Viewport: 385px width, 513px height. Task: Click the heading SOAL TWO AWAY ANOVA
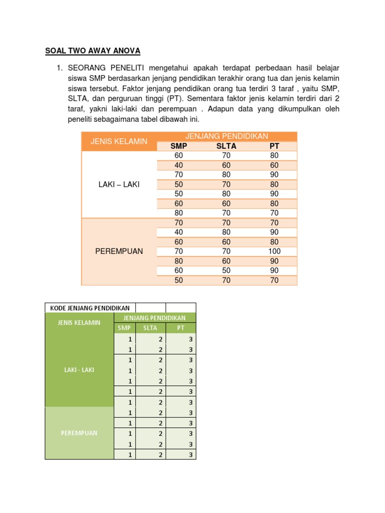(x=93, y=51)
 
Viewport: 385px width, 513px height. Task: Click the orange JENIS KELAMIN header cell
(x=119, y=141)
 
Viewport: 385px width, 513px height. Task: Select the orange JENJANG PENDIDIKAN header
(x=227, y=136)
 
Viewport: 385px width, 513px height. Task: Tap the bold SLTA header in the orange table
(x=227, y=146)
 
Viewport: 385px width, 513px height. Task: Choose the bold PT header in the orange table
(x=274, y=146)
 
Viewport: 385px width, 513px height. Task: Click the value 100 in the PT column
(x=274, y=251)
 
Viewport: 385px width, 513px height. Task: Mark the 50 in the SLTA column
(x=227, y=271)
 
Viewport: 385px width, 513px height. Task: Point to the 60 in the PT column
(x=274, y=165)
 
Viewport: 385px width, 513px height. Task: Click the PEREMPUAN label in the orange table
(x=119, y=251)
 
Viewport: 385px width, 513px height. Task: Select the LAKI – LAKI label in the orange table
(x=119, y=184)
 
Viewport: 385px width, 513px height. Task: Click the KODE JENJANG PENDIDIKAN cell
(x=89, y=308)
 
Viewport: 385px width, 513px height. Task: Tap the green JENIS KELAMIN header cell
(x=79, y=323)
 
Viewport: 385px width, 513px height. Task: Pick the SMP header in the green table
(x=124, y=328)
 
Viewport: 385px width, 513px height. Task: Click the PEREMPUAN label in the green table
(x=79, y=433)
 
